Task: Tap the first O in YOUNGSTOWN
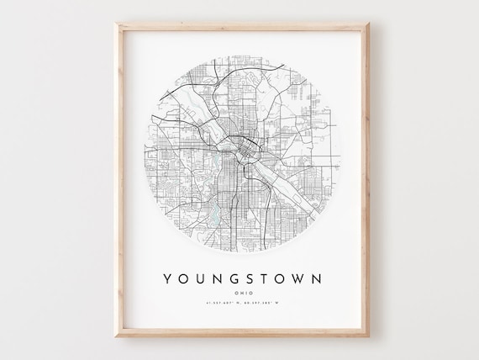point(181,277)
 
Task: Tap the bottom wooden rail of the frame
point(239,331)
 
